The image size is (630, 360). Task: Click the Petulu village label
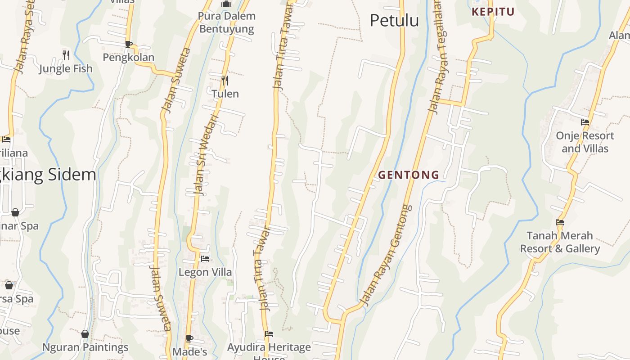coord(394,21)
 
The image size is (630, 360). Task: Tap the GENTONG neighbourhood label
coord(409,175)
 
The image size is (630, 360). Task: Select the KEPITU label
coord(493,12)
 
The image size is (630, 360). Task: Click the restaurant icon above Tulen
coord(225,81)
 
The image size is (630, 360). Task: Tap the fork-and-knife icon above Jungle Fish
coord(66,55)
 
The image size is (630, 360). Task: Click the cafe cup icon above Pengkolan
coord(129,44)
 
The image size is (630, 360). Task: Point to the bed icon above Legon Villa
coord(205,259)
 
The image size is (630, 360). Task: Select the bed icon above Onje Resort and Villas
coord(585,122)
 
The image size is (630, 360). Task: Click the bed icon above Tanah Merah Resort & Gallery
coord(560,222)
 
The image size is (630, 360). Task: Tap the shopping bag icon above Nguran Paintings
coord(85,334)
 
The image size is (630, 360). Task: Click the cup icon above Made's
coord(189,338)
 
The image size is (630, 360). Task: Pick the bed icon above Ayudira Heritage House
coord(269,334)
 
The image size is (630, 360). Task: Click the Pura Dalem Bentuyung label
coord(227,22)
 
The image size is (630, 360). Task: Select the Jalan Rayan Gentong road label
coord(387,255)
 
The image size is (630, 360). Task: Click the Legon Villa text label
coord(205,272)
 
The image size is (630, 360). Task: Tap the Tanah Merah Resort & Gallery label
coord(560,242)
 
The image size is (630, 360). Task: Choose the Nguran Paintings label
coord(85,347)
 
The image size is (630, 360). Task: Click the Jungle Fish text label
coord(66,69)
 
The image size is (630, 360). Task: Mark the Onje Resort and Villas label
coord(585,142)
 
